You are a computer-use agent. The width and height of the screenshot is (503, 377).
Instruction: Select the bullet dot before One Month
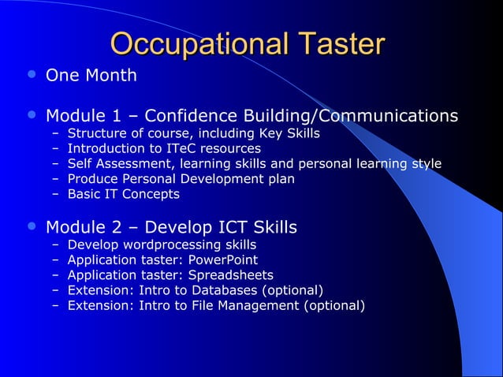tap(31, 74)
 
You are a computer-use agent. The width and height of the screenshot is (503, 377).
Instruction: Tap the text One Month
tap(91, 77)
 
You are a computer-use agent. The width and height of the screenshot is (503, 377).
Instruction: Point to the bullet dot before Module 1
tap(31, 115)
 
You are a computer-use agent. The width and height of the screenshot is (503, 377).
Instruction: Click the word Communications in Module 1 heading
tap(388, 117)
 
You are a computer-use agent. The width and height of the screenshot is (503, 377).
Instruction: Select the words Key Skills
tap(292, 133)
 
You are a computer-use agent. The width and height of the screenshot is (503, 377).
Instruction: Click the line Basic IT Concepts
tap(123, 194)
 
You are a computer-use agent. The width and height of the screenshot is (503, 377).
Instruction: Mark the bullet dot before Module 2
tap(31, 226)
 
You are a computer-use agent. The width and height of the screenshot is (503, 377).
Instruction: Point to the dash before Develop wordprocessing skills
tap(56, 245)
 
